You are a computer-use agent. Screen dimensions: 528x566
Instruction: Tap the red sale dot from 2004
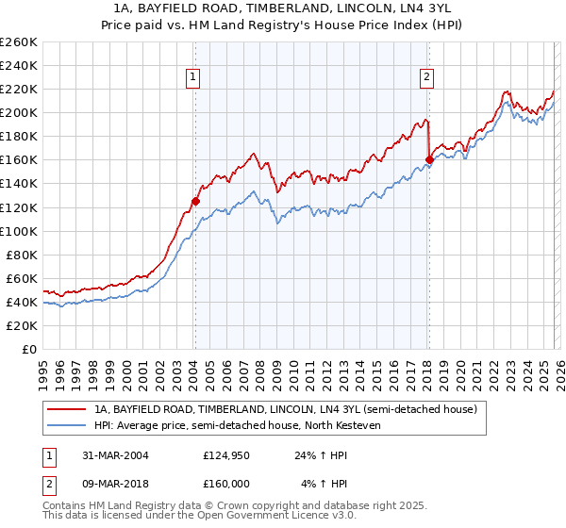tap(195, 201)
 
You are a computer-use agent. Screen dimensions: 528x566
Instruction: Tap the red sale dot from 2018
tap(428, 160)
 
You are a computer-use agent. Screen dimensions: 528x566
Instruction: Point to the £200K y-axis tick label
tap(20, 112)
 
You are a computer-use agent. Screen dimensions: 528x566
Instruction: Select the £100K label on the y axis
tap(20, 231)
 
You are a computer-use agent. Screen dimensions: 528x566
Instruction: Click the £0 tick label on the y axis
tap(30, 349)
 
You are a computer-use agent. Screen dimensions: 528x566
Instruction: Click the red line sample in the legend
tap(67, 410)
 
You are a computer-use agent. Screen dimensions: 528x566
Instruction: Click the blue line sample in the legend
tap(67, 425)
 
